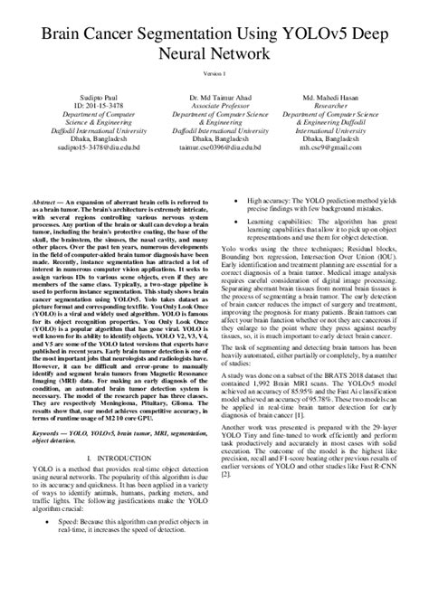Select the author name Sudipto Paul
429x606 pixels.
[77, 95]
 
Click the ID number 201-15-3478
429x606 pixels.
[77, 103]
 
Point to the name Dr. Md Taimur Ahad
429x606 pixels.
[214, 95]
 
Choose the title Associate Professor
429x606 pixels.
[214, 103]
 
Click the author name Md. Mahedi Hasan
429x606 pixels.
[351, 95]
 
